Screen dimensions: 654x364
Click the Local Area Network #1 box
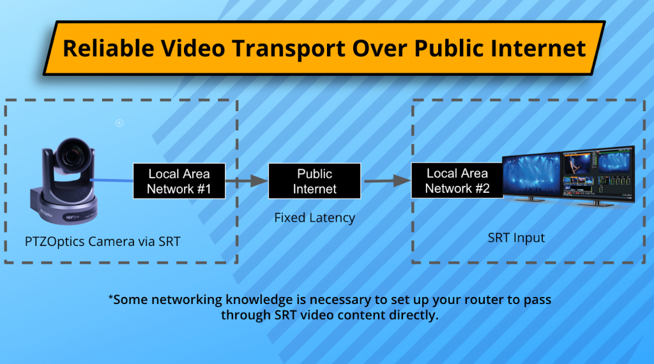coord(179,181)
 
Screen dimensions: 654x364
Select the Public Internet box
coord(314,181)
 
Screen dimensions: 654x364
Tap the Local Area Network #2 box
coord(457,181)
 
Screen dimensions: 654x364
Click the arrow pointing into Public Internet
coord(247,181)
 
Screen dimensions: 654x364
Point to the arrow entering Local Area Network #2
coord(388,181)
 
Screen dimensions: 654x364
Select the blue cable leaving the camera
coord(112,180)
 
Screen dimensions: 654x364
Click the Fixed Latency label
coord(314,218)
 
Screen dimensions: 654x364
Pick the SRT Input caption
coord(516,238)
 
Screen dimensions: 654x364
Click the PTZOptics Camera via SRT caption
coord(103,241)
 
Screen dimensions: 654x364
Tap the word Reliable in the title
coord(109,48)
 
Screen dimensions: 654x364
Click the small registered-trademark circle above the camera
coord(119,123)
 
